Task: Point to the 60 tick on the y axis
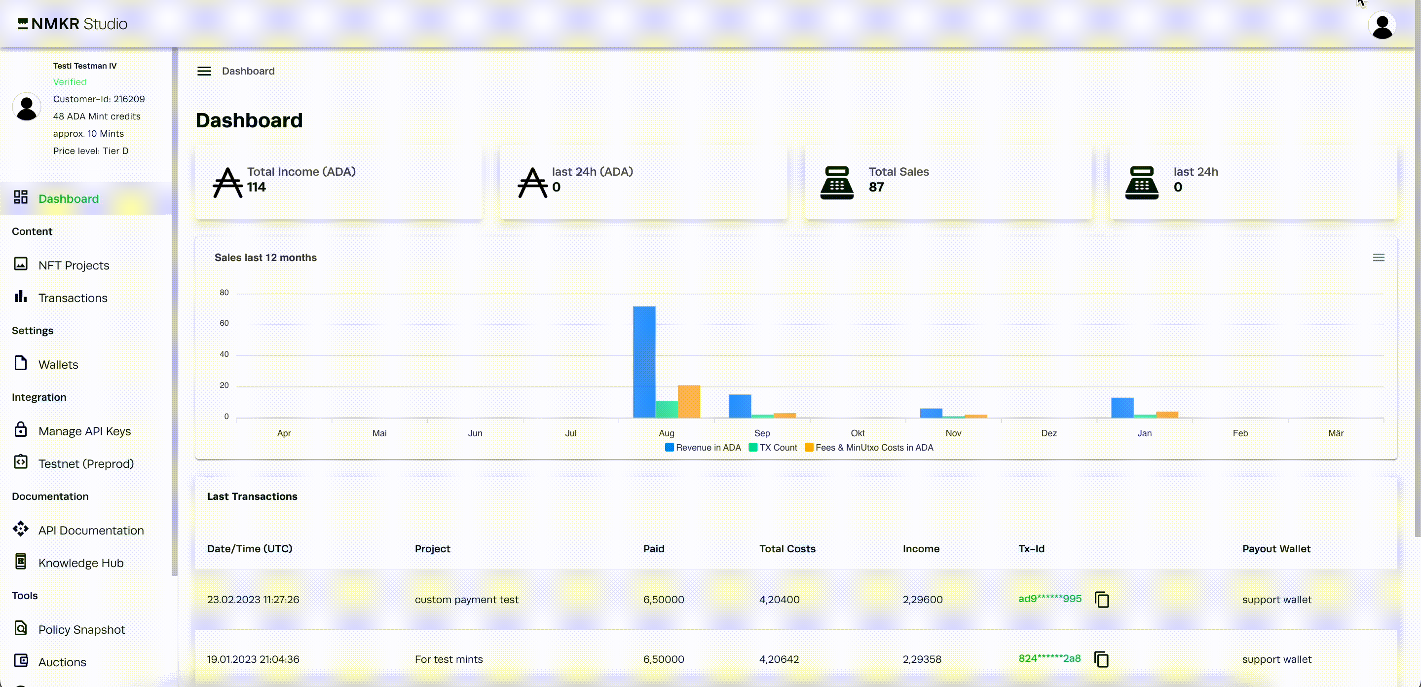(x=224, y=323)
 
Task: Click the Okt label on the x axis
(x=857, y=433)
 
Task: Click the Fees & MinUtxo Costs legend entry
(x=869, y=448)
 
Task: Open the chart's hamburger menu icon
(x=1379, y=258)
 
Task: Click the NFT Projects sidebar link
(x=74, y=266)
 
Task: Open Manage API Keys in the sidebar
(x=84, y=431)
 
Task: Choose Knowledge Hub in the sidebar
(x=80, y=563)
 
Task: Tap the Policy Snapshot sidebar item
(x=81, y=630)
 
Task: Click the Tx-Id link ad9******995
(x=1049, y=599)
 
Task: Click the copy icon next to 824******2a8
(x=1101, y=659)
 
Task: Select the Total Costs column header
(x=787, y=548)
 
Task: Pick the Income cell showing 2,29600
(x=922, y=599)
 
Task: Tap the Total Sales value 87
(x=876, y=187)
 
